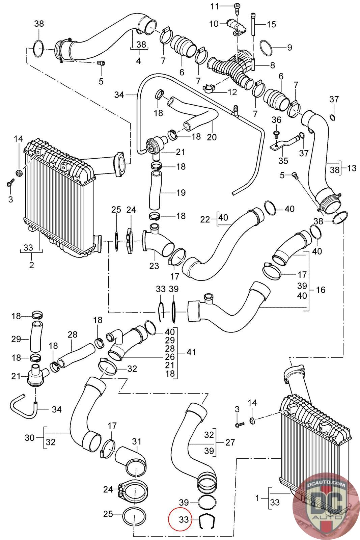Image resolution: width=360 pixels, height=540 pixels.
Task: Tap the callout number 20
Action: point(212,137)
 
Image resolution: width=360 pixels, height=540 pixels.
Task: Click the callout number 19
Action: point(181,193)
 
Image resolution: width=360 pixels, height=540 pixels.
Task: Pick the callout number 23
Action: point(154,266)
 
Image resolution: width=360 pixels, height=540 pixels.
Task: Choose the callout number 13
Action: point(352,168)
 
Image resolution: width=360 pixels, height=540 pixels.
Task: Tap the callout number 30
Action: point(30,438)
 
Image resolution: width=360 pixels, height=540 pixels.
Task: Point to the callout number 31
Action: point(137,441)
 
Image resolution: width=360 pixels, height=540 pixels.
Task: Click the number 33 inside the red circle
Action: point(184,519)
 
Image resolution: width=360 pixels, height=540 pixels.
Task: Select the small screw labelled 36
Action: point(276,134)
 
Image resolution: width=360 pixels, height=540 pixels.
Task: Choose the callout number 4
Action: point(138,61)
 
